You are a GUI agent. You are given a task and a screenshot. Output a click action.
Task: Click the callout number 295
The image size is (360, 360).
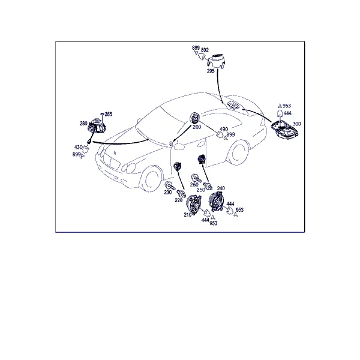(x=211, y=71)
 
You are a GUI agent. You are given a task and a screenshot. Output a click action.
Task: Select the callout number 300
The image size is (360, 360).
(x=296, y=124)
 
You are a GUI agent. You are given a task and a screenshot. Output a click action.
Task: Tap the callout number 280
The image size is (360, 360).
(x=83, y=123)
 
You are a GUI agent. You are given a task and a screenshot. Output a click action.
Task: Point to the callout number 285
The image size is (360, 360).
(x=109, y=114)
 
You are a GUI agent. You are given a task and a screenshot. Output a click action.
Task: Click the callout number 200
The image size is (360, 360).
(x=197, y=127)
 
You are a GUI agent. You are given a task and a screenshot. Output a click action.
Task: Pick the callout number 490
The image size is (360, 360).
(x=224, y=129)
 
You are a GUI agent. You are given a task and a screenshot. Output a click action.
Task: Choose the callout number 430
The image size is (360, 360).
(x=79, y=147)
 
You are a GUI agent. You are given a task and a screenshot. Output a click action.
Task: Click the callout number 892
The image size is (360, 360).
(x=205, y=50)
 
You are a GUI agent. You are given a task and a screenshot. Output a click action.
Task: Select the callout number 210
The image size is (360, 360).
(x=188, y=215)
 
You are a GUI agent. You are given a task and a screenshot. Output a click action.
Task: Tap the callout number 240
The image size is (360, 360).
(x=221, y=188)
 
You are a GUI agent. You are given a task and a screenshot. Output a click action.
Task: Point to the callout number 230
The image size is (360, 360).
(x=168, y=192)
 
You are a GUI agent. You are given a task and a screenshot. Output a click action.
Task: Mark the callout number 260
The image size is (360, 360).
(x=194, y=184)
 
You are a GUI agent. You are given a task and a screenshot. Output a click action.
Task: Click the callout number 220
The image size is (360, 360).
(x=179, y=200)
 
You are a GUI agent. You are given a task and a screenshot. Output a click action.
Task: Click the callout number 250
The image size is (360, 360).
(x=200, y=190)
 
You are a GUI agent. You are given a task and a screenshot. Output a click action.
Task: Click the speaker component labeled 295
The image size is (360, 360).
(x=216, y=60)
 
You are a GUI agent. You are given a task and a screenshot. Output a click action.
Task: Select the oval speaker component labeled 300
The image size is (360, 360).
(x=284, y=130)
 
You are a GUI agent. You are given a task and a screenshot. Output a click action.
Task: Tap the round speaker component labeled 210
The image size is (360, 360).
(x=194, y=205)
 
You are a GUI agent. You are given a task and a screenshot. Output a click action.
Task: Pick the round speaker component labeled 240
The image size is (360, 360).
(x=215, y=202)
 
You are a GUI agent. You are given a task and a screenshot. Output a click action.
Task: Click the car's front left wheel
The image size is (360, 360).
(x=151, y=179)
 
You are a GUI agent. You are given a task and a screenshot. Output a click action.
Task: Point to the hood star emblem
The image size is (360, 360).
(x=115, y=152)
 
